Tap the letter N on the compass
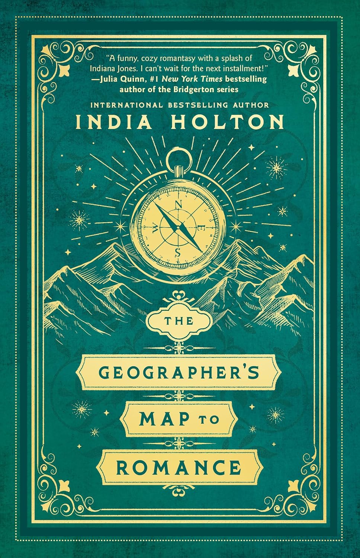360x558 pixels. click(x=179, y=205)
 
